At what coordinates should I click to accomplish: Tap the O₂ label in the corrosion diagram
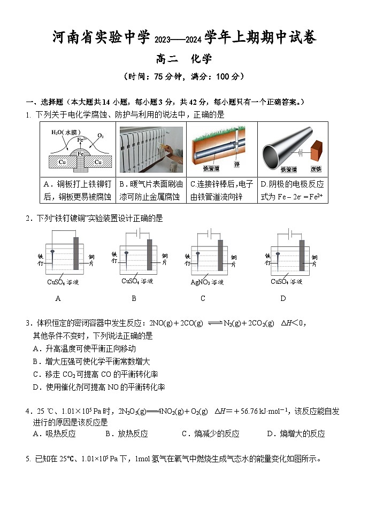100,136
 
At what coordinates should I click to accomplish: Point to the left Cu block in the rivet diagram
63,161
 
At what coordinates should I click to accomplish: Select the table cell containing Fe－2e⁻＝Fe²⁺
293,190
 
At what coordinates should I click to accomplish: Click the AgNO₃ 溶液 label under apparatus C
207,282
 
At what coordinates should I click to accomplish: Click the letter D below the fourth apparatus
283,298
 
